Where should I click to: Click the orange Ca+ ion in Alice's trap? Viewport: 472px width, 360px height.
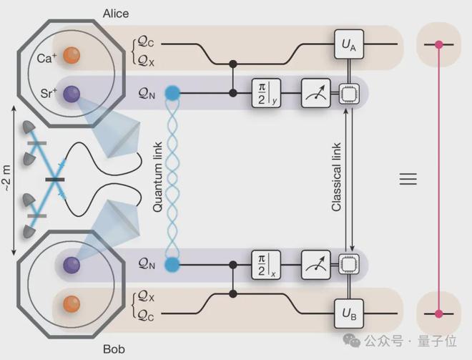70,54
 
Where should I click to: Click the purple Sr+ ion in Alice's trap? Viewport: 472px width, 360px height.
70,93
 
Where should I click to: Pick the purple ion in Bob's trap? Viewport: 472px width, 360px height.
70,265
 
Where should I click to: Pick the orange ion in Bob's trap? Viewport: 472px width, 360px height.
70,303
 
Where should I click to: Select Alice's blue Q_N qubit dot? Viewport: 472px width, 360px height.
172,93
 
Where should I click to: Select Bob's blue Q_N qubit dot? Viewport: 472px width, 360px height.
172,265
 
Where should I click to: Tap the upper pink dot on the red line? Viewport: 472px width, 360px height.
439,44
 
